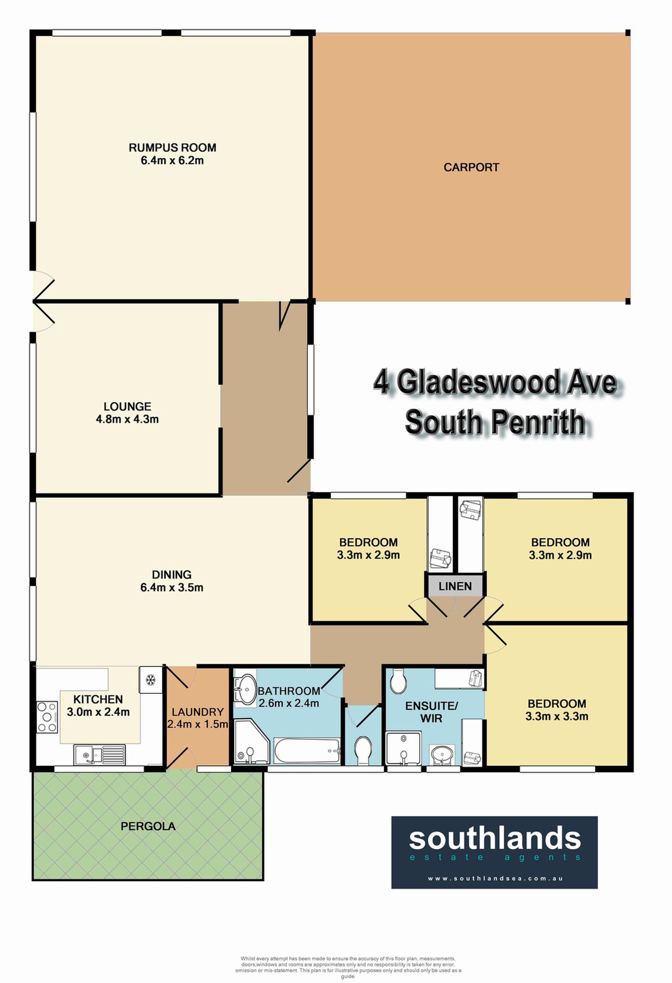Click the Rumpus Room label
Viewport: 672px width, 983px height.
172,148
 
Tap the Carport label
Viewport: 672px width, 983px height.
471,167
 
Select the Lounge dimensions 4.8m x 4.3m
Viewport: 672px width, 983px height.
127,419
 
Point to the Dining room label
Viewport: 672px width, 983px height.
172,575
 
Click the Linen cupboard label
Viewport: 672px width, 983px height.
455,586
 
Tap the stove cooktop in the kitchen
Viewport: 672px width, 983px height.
47,716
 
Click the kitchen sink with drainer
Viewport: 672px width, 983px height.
100,755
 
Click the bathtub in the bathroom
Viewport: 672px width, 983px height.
307,751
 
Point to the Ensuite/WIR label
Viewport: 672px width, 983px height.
431,712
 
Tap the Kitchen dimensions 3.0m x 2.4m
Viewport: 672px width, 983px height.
98,712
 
